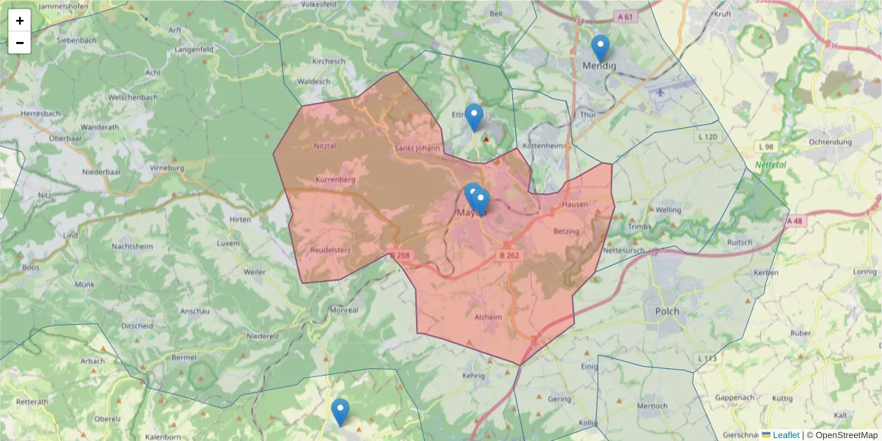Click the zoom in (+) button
click(x=20, y=21)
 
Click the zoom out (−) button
click(x=20, y=43)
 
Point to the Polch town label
click(x=667, y=311)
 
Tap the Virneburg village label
click(x=167, y=168)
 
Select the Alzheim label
click(x=488, y=317)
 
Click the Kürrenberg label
click(x=335, y=179)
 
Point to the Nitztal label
click(x=324, y=146)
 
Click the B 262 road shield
click(x=509, y=255)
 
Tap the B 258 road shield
click(x=401, y=255)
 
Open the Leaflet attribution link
click(x=786, y=435)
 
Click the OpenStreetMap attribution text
click(x=846, y=435)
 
